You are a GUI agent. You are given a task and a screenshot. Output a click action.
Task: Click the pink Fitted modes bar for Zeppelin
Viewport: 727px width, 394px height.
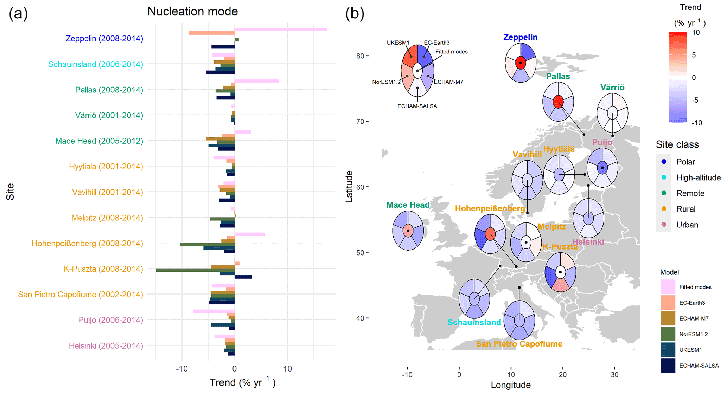coord(280,30)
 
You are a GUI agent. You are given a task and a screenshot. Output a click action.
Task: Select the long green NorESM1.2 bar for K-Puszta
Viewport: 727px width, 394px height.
coord(195,270)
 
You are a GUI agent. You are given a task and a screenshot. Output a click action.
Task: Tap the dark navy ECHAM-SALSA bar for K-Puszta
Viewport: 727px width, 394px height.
coord(243,277)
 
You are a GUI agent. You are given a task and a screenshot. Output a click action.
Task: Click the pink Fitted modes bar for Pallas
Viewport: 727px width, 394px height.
coord(256,81)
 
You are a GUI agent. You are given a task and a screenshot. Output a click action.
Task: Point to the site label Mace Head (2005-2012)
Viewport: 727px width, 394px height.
coord(99,141)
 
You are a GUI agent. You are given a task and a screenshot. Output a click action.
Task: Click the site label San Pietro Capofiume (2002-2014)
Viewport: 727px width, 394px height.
coord(81,295)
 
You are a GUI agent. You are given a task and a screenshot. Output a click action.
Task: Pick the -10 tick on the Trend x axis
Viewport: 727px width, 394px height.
coord(182,369)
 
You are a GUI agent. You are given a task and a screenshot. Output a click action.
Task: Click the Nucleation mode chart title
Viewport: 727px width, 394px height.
coord(192,12)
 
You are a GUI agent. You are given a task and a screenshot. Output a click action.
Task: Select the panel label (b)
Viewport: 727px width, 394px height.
coord(355,14)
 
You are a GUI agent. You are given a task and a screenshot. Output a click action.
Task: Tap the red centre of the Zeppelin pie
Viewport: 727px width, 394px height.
coord(521,63)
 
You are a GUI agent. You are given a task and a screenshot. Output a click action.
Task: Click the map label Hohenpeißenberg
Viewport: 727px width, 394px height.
coord(490,208)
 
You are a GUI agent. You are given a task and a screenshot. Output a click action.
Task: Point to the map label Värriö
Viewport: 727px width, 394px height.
coord(612,88)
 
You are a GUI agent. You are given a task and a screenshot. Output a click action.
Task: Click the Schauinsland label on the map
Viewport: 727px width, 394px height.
coord(474,322)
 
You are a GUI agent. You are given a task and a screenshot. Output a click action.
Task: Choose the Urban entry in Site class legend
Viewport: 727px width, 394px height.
coord(687,225)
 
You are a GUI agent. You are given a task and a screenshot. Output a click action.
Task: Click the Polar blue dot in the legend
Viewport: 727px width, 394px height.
coord(664,162)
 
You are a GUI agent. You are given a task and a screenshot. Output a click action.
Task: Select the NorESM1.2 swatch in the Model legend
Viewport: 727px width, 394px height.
coord(668,334)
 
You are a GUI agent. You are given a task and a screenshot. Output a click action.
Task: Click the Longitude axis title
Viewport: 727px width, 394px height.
coord(510,385)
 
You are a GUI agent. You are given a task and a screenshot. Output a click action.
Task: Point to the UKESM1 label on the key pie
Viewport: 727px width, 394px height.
coord(398,43)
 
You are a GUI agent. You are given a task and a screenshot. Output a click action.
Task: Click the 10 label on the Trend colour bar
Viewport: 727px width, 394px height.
coord(696,33)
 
